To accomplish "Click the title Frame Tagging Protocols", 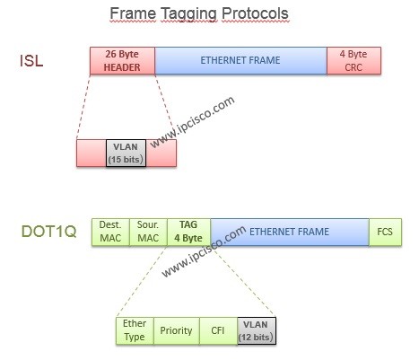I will [x=199, y=14].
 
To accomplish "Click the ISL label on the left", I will [x=31, y=61].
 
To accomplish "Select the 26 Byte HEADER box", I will [x=122, y=60].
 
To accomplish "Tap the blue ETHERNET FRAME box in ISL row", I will [x=240, y=60].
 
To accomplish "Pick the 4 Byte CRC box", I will [x=359, y=60].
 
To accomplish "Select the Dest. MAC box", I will [x=110, y=232].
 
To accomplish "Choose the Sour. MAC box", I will [x=148, y=232].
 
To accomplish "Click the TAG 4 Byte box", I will [x=188, y=232].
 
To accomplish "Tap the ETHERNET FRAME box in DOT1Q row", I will [x=289, y=232].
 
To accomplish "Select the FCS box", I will [x=384, y=232].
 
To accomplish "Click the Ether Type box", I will [x=135, y=330].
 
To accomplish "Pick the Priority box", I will [x=176, y=330].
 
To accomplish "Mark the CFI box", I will [x=217, y=330].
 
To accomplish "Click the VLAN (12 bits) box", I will [x=256, y=330].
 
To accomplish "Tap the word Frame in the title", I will [x=131, y=14].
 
